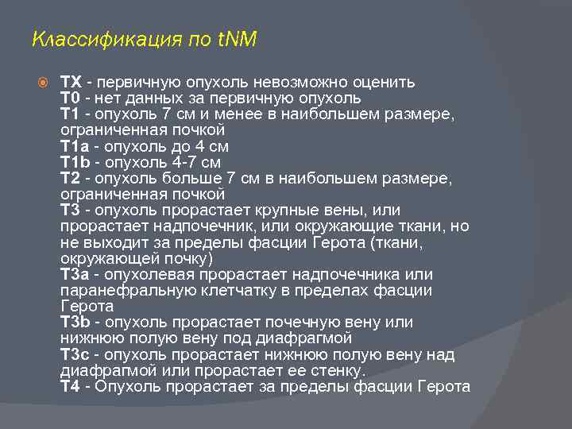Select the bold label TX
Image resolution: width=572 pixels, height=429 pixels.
point(71,83)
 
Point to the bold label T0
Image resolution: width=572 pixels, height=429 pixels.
point(71,99)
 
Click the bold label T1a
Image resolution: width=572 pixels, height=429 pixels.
point(75,146)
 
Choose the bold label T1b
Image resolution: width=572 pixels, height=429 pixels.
point(75,162)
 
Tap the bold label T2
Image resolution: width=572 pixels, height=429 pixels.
point(71,178)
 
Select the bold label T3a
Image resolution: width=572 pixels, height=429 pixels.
point(75,274)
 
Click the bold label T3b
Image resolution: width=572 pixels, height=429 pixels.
point(75,322)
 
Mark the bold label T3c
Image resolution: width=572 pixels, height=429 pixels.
point(75,354)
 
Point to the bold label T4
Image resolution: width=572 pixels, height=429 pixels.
point(71,387)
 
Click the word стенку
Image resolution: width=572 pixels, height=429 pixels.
point(335,370)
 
